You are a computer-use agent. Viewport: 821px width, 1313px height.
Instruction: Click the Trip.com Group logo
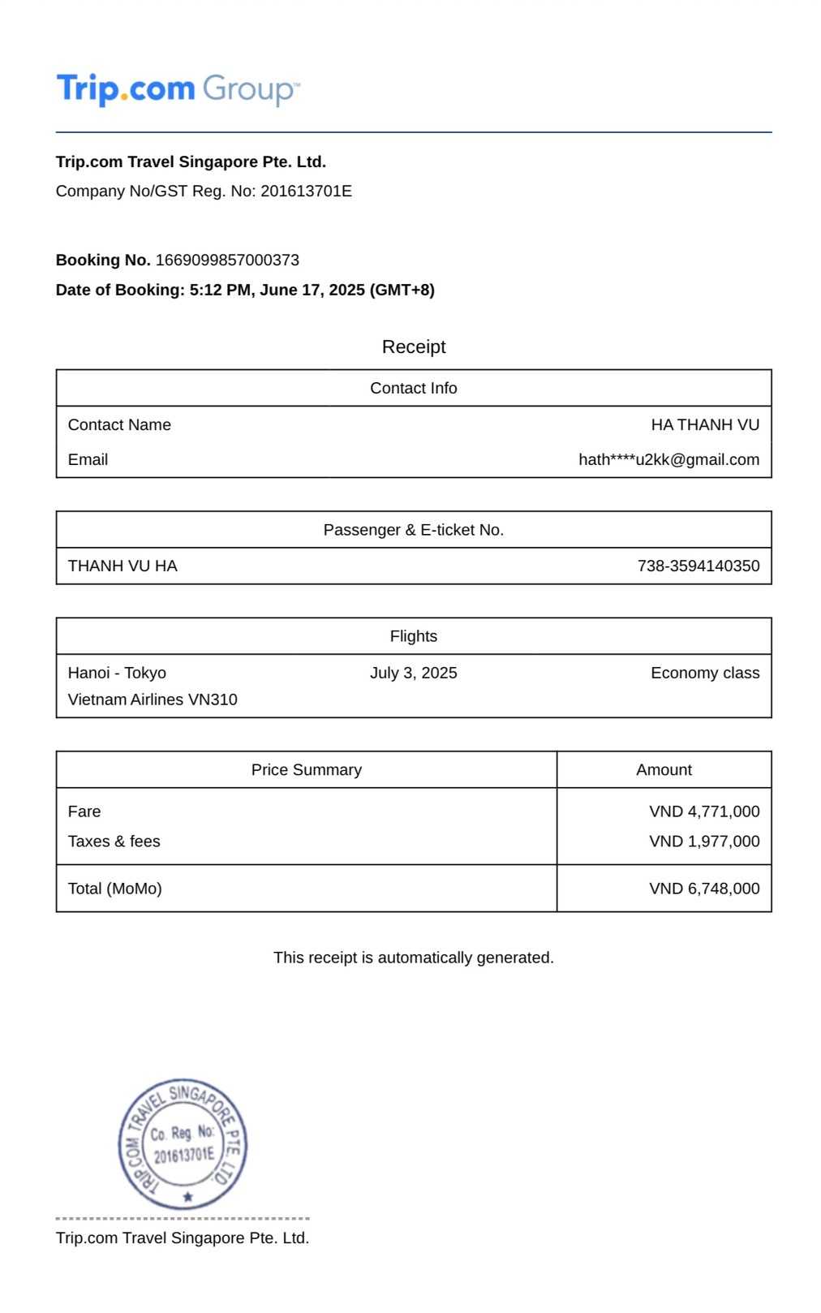178,88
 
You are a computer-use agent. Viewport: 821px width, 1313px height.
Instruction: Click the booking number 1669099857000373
227,260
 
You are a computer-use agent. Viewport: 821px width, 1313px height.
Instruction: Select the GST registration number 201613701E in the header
306,192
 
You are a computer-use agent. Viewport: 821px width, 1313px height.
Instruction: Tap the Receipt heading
414,347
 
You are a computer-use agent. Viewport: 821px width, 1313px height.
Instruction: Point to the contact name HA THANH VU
705,425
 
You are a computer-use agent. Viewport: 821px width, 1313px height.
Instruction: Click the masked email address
668,460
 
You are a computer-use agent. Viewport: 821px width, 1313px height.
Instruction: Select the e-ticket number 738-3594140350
698,566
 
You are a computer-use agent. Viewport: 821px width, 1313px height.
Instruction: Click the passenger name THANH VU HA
123,566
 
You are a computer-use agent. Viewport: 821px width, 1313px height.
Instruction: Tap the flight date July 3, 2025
413,674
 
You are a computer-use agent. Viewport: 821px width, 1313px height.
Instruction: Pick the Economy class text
704,674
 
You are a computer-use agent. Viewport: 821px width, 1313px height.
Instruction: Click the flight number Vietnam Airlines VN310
153,700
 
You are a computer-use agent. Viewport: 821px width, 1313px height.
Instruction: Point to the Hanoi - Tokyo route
117,674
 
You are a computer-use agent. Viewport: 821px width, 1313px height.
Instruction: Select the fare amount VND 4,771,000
704,811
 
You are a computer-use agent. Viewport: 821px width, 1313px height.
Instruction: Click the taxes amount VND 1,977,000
704,842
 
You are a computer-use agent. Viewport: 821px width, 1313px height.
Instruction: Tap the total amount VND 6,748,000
704,889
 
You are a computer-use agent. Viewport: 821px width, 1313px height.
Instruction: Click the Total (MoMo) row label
115,889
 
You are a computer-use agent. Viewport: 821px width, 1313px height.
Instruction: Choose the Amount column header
664,770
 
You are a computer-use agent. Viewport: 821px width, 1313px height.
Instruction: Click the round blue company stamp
183,1144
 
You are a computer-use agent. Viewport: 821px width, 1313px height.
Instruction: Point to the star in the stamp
188,1196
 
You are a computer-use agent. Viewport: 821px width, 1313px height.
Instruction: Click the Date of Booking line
245,291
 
